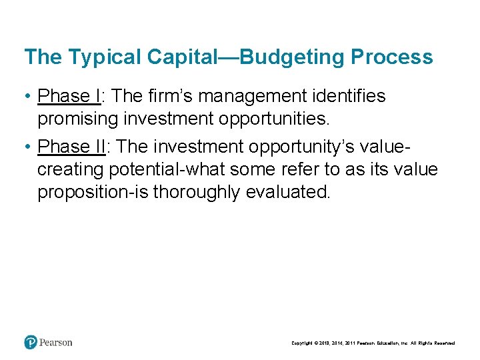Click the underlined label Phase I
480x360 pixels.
pyautogui.click(x=69, y=97)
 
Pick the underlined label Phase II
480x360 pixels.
pyautogui.click(x=71, y=147)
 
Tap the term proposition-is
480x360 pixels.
pyautogui.click(x=93, y=193)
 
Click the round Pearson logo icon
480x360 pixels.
pyautogui.click(x=31, y=342)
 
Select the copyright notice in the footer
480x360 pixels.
pyautogui.click(x=373, y=343)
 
